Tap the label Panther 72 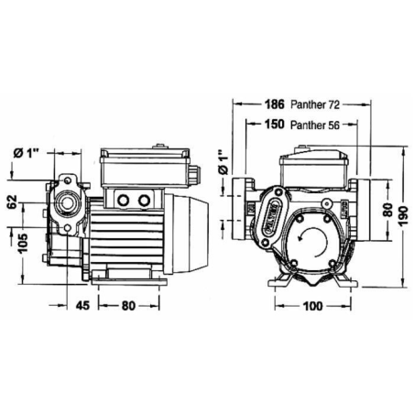(x=316, y=103)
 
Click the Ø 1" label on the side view (x=29, y=153)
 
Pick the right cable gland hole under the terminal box (x=142, y=199)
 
